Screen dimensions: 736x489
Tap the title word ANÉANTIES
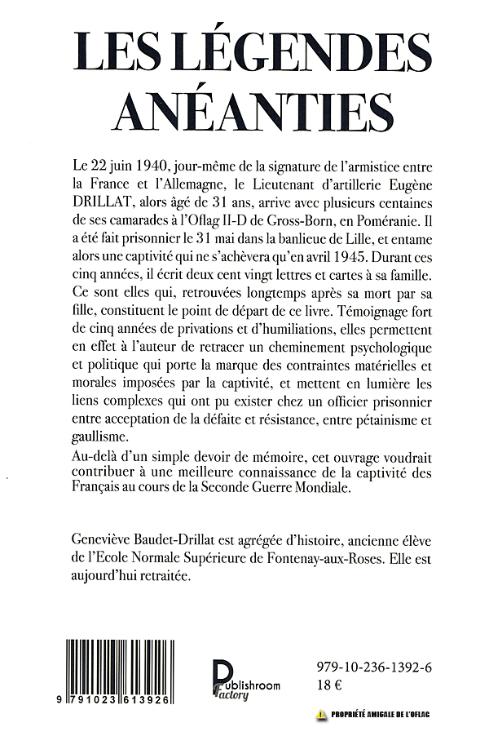point(245,106)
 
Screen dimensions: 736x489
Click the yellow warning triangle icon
point(321,716)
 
